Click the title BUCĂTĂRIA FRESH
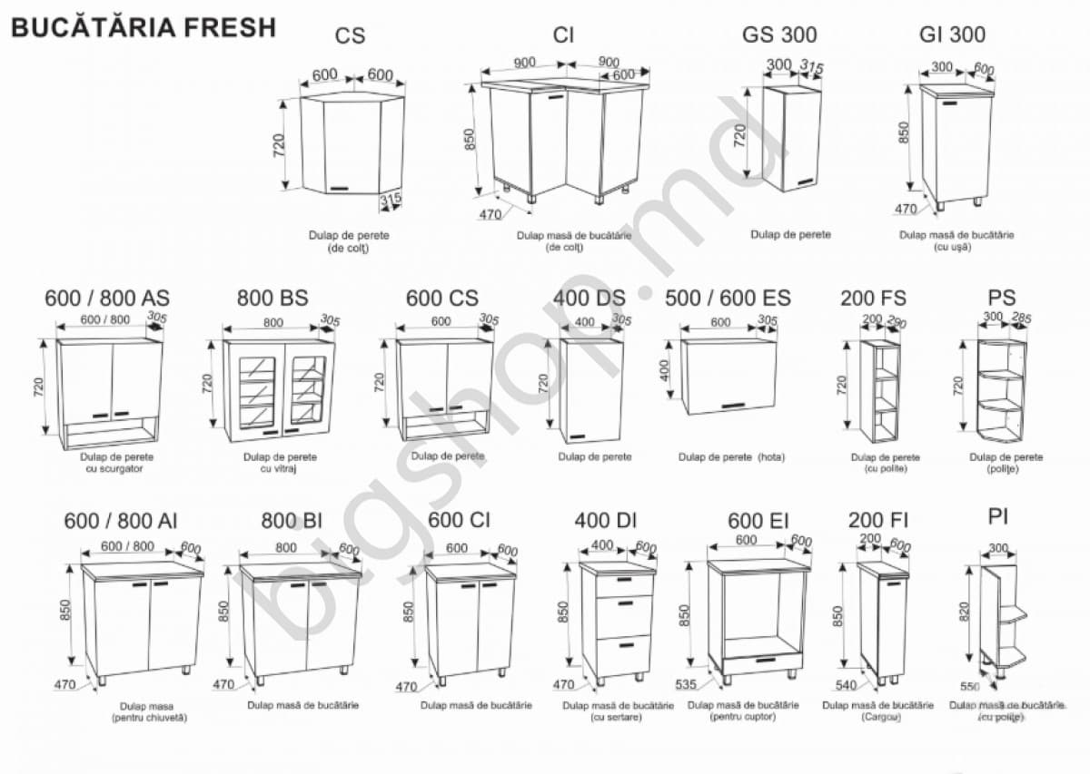coord(143,28)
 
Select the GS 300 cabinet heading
coord(778,35)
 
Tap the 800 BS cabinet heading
coord(272,298)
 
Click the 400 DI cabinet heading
coord(605,521)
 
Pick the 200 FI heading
coord(877,521)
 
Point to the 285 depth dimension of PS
coord(1020,318)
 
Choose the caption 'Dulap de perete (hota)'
coord(731,456)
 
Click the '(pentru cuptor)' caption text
coord(743,717)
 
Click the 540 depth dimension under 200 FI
coord(846,685)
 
